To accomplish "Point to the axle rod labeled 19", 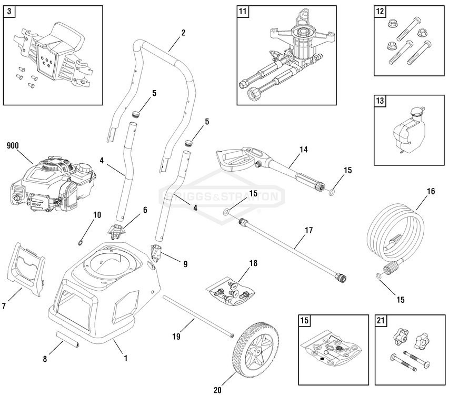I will (x=197, y=315).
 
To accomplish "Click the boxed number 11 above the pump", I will (x=242, y=12).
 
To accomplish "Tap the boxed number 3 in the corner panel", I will (x=8, y=12).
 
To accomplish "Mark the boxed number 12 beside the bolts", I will (x=380, y=12).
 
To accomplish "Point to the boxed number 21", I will (x=380, y=320).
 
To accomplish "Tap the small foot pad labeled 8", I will (x=69, y=340).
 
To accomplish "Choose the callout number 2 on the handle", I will (x=183, y=33).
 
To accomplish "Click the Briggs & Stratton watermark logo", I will (x=224, y=197).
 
